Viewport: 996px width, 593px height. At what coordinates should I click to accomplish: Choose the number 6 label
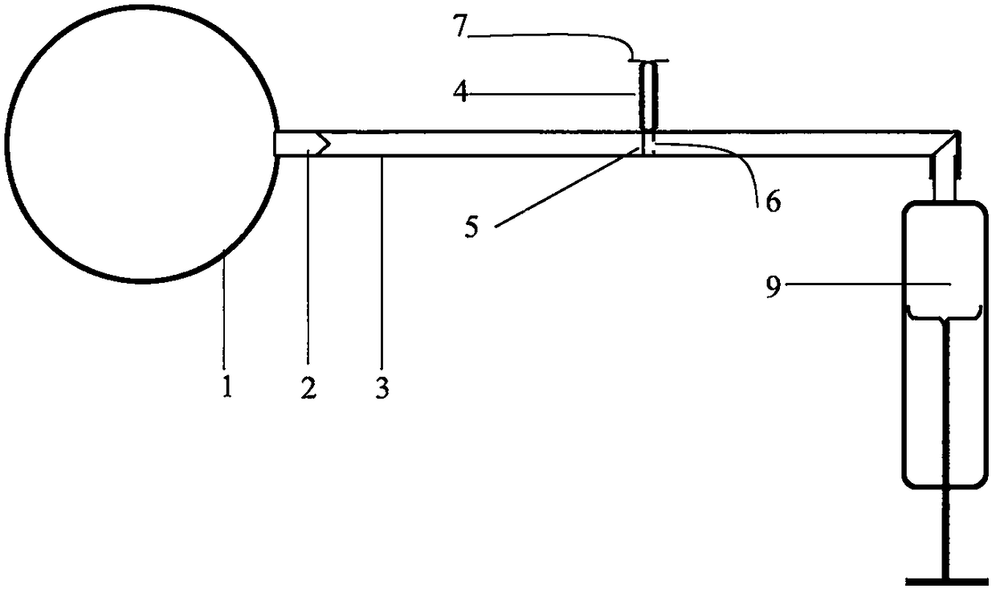[772, 201]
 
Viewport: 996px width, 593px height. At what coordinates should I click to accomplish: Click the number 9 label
[772, 288]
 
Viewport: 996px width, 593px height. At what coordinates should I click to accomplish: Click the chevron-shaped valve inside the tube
[321, 144]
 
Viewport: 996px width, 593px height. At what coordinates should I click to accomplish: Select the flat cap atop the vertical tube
[647, 60]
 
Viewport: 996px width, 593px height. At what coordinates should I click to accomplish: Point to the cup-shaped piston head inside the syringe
[943, 313]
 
